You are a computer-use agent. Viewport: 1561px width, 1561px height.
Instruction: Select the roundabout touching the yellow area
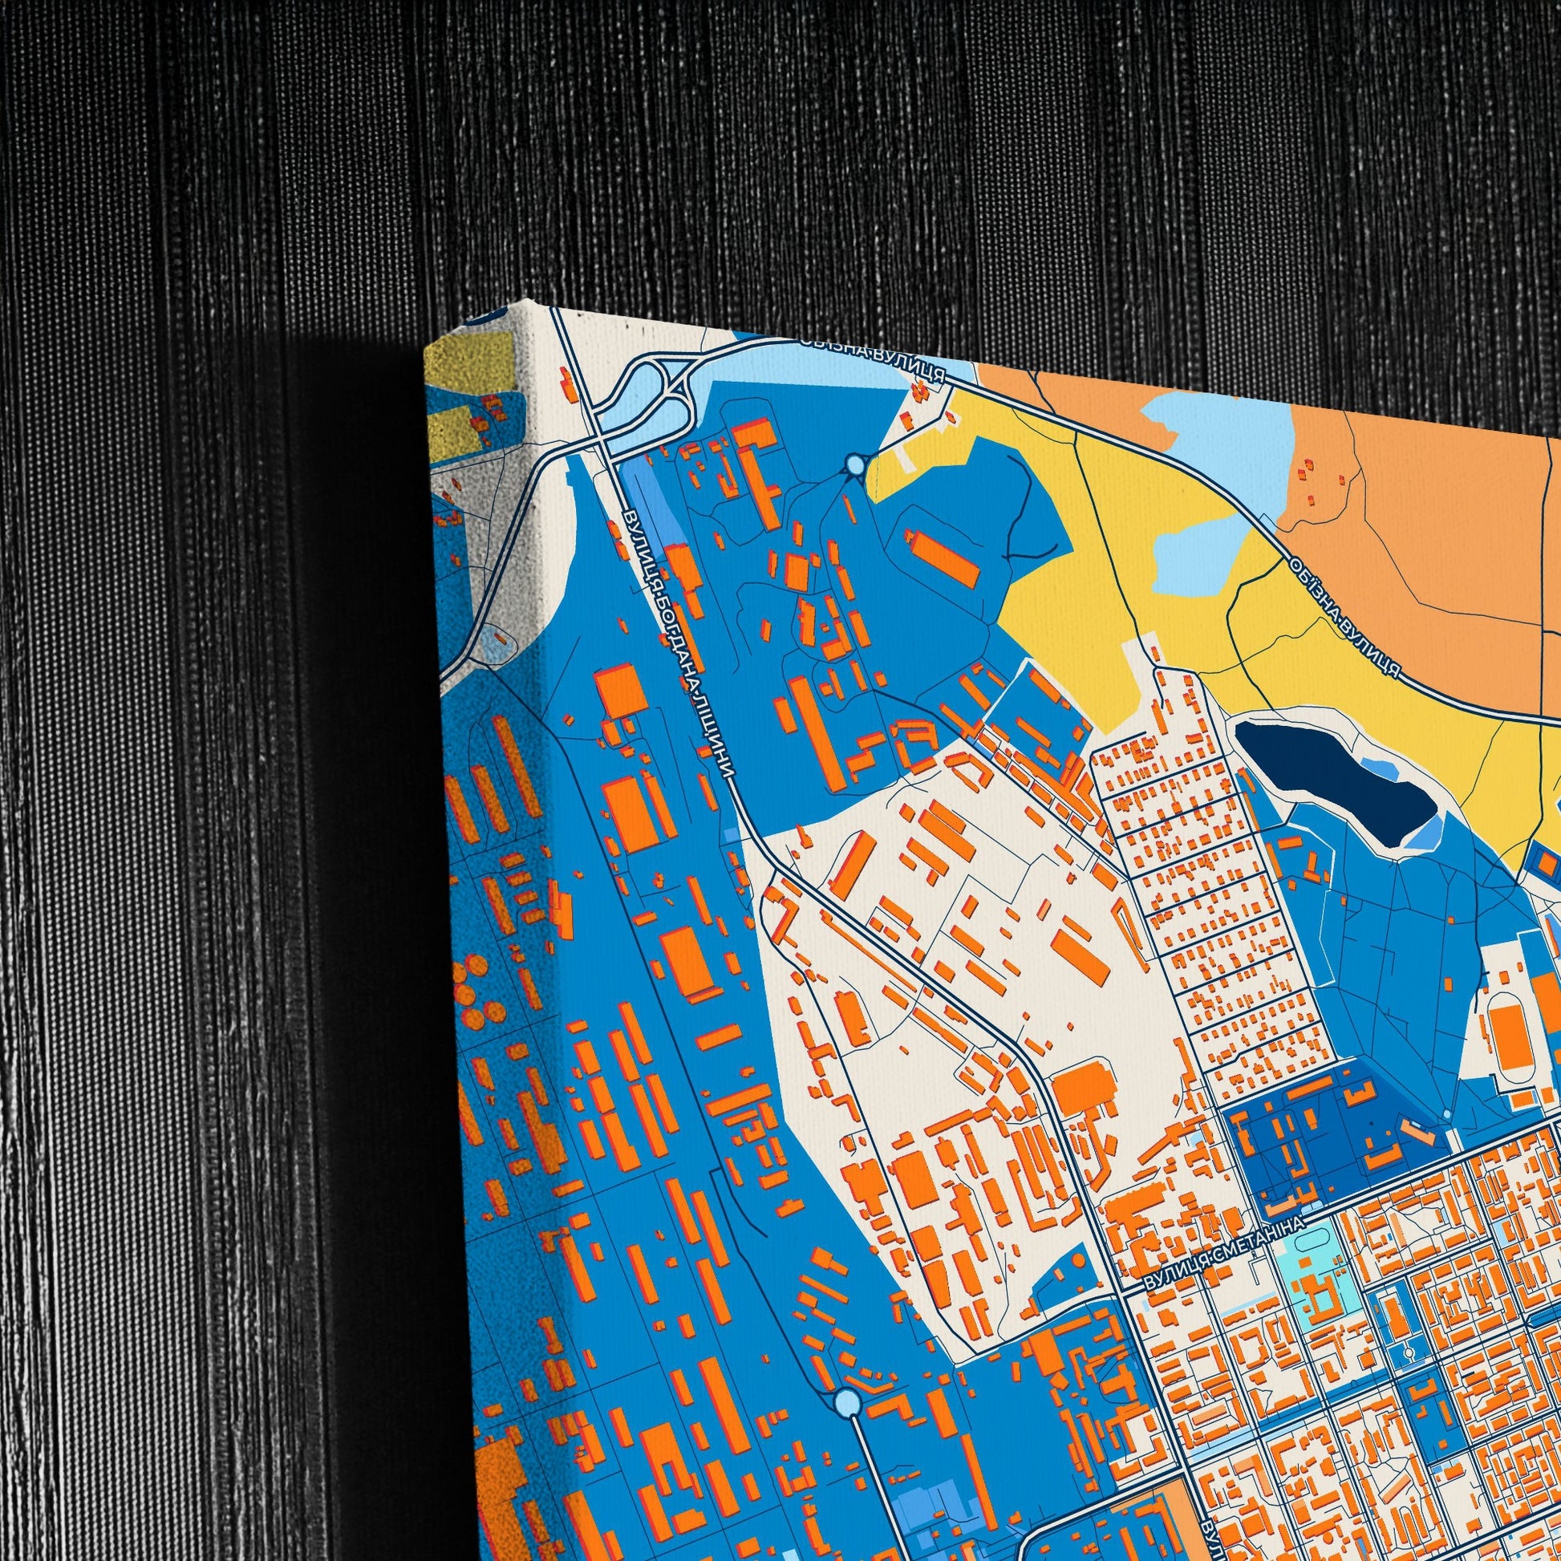point(856,465)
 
